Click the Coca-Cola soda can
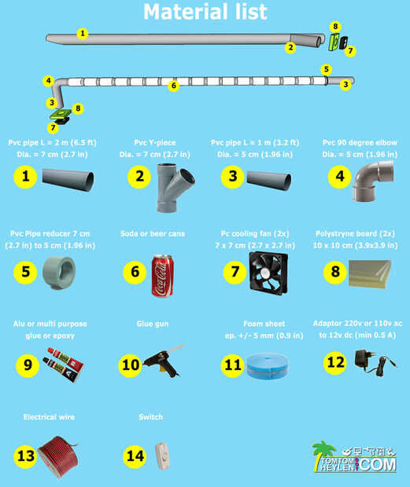[x=162, y=276]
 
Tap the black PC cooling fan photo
[x=268, y=273]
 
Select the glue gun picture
[x=163, y=361]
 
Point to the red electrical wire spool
[x=58, y=456]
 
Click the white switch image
[x=163, y=456]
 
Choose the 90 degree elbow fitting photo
[x=373, y=181]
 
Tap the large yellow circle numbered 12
[x=336, y=362]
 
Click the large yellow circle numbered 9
[x=28, y=364]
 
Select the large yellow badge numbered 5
[x=25, y=272]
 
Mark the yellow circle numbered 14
[x=135, y=456]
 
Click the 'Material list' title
[x=205, y=12]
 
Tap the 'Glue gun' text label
[x=153, y=324]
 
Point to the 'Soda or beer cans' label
[x=153, y=233]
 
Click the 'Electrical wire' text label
[x=49, y=417]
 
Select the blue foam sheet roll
[x=268, y=365]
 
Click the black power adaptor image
[x=375, y=362]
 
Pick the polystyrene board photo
[x=370, y=274]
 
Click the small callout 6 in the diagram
[x=174, y=86]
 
